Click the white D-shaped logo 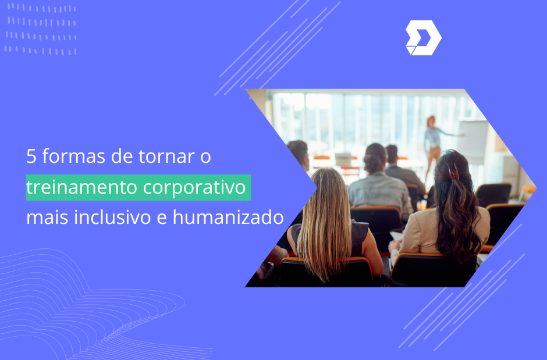point(423,38)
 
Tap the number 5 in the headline point(31,156)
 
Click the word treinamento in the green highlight point(82,187)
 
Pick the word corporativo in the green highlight point(194,188)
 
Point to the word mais point(47,218)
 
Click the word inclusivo point(113,218)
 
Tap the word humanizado point(228,217)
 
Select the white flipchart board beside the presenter point(472,142)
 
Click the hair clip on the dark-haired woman point(454,172)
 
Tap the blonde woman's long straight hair point(325,223)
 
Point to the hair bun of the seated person point(373,162)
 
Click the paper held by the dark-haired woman point(396,236)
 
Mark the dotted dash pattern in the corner point(41,29)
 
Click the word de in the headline point(122,156)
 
